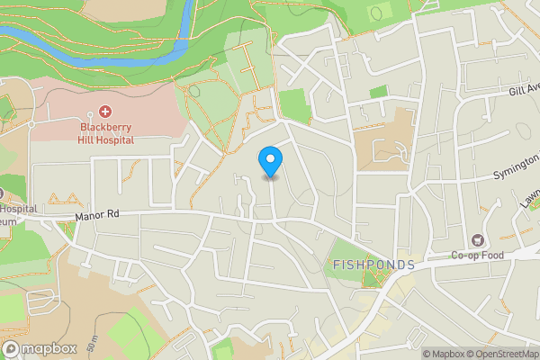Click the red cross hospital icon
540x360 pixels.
click(x=104, y=112)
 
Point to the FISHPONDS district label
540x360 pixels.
click(x=373, y=265)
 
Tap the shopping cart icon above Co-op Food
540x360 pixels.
click(x=476, y=240)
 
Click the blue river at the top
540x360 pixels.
click(x=90, y=40)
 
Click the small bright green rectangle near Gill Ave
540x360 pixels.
click(x=378, y=92)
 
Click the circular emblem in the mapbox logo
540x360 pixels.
click(x=12, y=348)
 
